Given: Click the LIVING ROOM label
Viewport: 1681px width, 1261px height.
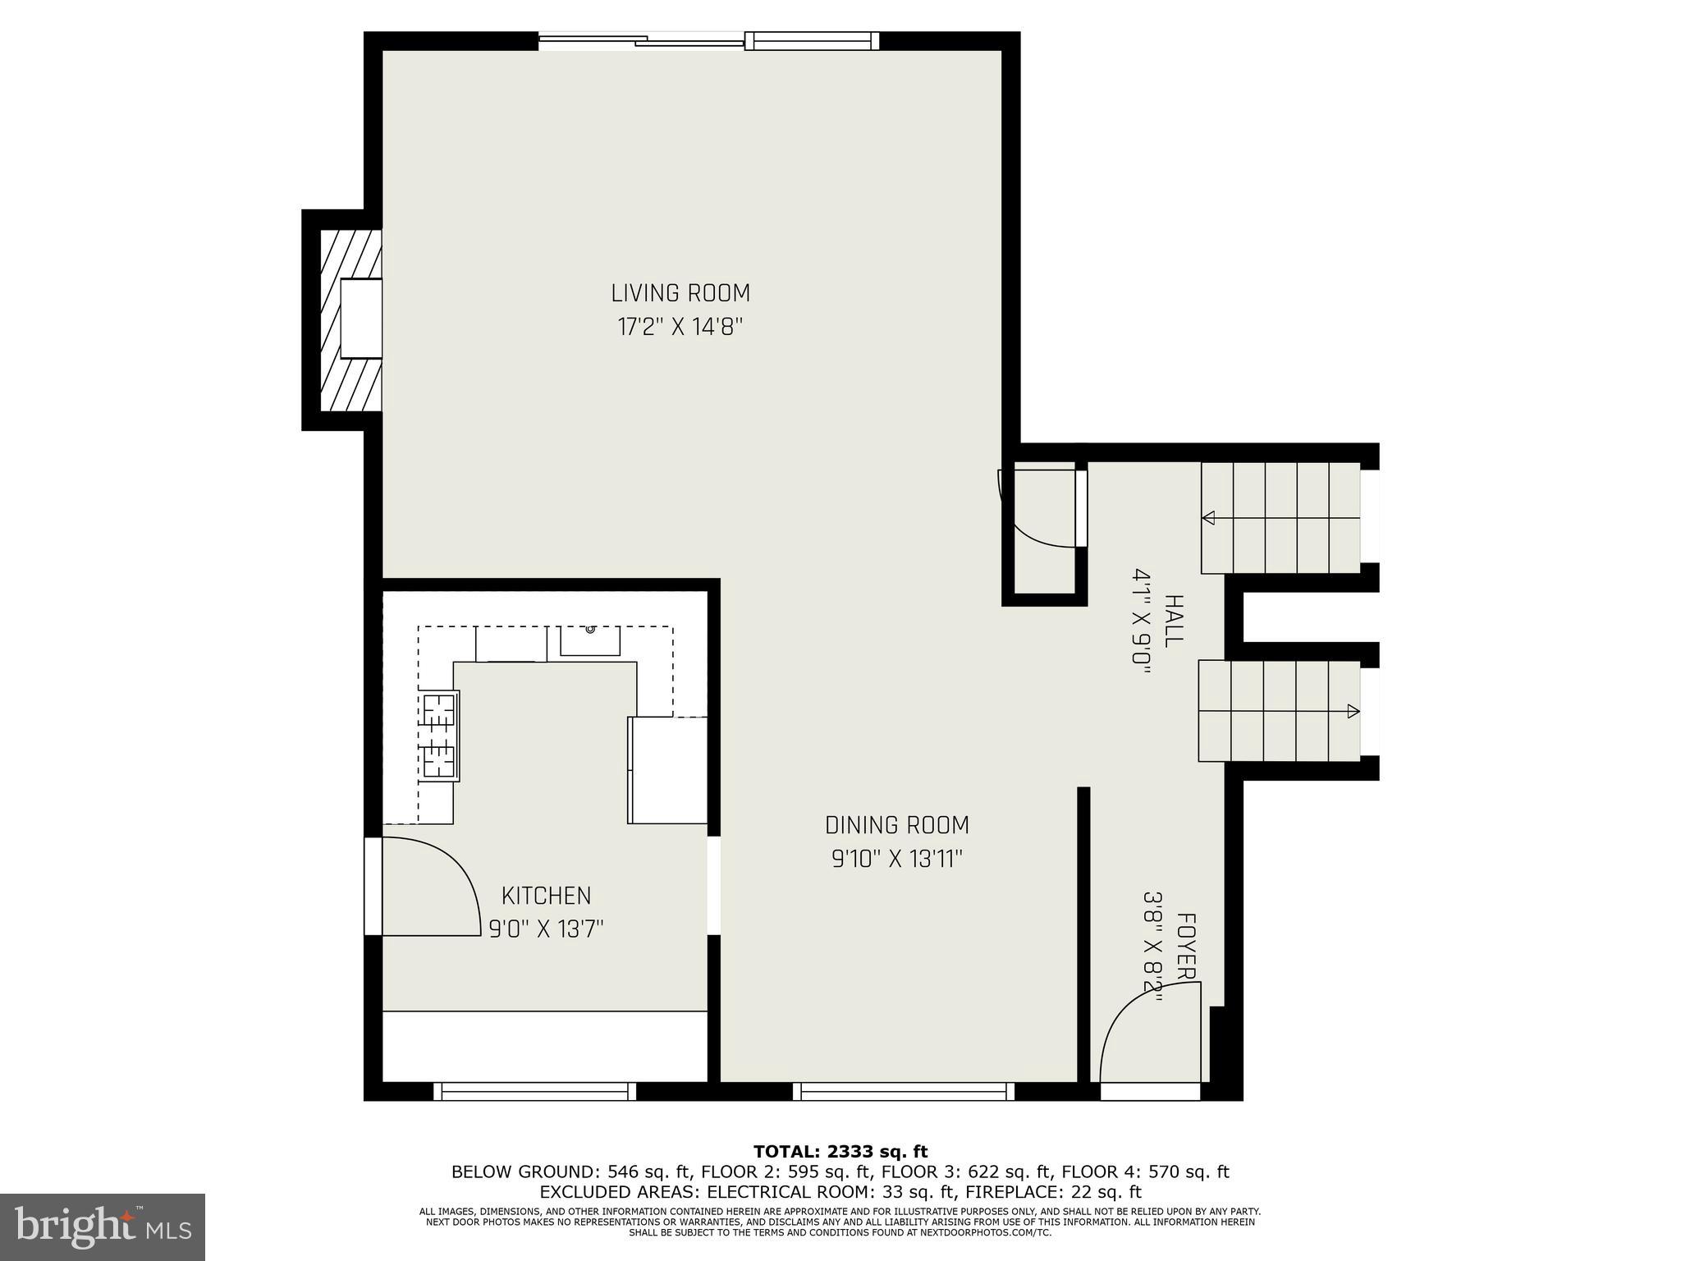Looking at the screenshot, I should pyautogui.click(x=680, y=293).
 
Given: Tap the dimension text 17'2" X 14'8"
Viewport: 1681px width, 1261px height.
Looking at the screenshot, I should pyautogui.click(x=680, y=328).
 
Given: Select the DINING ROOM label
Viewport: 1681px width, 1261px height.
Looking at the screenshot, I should pyautogui.click(x=897, y=825).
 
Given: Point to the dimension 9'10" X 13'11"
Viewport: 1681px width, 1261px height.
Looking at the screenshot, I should pyautogui.click(x=897, y=860).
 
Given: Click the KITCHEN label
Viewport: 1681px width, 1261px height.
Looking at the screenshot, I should pyautogui.click(x=546, y=896).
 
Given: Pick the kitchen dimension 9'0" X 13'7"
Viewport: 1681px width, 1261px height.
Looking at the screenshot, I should pyautogui.click(x=546, y=929).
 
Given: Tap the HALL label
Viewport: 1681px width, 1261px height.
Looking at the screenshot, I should pyautogui.click(x=1174, y=621).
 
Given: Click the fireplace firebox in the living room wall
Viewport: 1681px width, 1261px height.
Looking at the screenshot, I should pyautogui.click(x=361, y=318).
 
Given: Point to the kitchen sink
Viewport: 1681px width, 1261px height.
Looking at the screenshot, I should pyautogui.click(x=589, y=640).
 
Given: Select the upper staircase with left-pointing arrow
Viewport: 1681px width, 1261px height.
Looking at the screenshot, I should pyautogui.click(x=1280, y=518).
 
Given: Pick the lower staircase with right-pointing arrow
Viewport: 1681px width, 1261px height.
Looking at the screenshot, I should pyautogui.click(x=1278, y=711).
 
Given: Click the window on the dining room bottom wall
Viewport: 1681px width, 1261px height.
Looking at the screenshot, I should pyautogui.click(x=903, y=1091).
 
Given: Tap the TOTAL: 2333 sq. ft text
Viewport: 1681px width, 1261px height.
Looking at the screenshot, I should pyautogui.click(x=840, y=1152).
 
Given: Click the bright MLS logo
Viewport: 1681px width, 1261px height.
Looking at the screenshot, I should pyautogui.click(x=103, y=1227).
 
